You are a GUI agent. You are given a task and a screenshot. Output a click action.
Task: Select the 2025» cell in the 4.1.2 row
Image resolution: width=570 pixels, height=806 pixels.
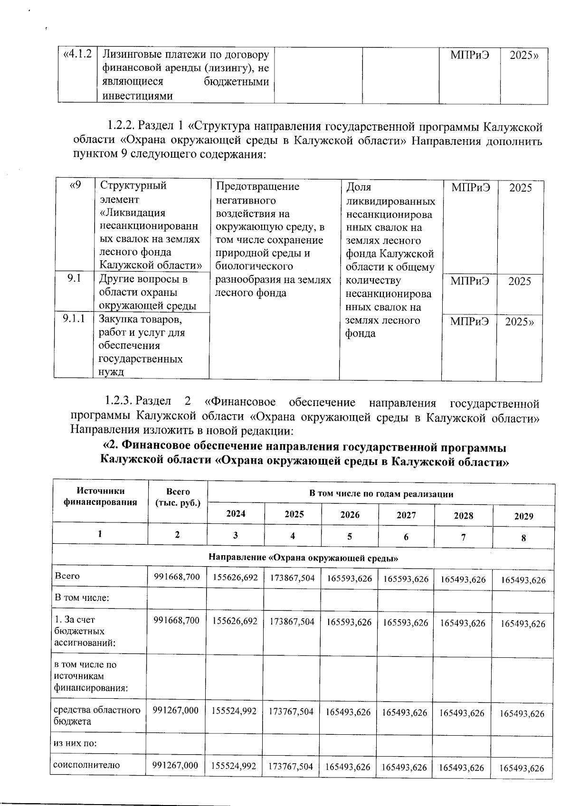coord(523,55)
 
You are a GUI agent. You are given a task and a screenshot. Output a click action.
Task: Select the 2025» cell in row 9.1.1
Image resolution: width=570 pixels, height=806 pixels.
coord(519,322)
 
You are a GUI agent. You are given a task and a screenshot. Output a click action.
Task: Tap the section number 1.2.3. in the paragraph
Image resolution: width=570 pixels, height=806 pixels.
coord(118,403)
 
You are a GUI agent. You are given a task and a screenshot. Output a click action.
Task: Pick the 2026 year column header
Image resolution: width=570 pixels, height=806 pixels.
coord(350,514)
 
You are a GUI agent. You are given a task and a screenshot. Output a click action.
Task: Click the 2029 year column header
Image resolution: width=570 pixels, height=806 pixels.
coord(523,516)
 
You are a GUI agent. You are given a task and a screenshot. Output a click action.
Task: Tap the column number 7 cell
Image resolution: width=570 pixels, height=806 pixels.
coord(463,537)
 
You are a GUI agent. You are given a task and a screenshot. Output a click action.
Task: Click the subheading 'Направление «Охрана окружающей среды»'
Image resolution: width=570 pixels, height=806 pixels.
coord(303,558)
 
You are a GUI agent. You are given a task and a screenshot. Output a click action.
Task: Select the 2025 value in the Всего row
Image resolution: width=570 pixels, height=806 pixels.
coord(293,578)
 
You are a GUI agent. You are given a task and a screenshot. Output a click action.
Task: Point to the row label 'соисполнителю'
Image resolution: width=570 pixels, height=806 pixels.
coord(80,765)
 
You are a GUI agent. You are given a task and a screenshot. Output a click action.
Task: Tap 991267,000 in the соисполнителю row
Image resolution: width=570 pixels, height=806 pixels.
coord(175,765)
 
